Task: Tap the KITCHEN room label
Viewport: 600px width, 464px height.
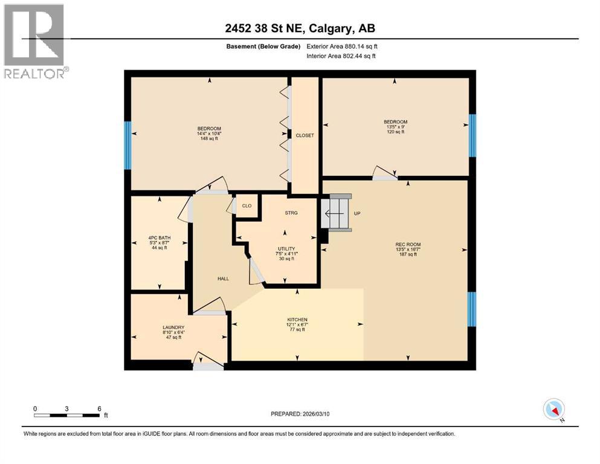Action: (x=297, y=320)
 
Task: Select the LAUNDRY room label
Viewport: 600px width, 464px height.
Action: (x=156, y=327)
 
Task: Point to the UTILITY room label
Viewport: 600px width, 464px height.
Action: (x=285, y=248)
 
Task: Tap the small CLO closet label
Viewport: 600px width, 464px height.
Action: (x=247, y=206)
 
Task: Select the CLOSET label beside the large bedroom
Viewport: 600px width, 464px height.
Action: (x=305, y=135)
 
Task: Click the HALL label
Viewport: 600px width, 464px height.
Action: (x=223, y=279)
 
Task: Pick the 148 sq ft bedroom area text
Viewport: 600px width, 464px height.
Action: (x=208, y=138)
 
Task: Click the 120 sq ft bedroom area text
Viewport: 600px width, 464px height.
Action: (x=395, y=132)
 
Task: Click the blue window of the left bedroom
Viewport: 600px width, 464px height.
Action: (x=127, y=145)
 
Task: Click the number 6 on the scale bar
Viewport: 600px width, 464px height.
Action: (x=99, y=408)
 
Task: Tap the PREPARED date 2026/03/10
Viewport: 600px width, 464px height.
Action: (x=320, y=414)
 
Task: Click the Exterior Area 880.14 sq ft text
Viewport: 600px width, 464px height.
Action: (x=344, y=46)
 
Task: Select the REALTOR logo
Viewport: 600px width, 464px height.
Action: (x=35, y=40)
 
